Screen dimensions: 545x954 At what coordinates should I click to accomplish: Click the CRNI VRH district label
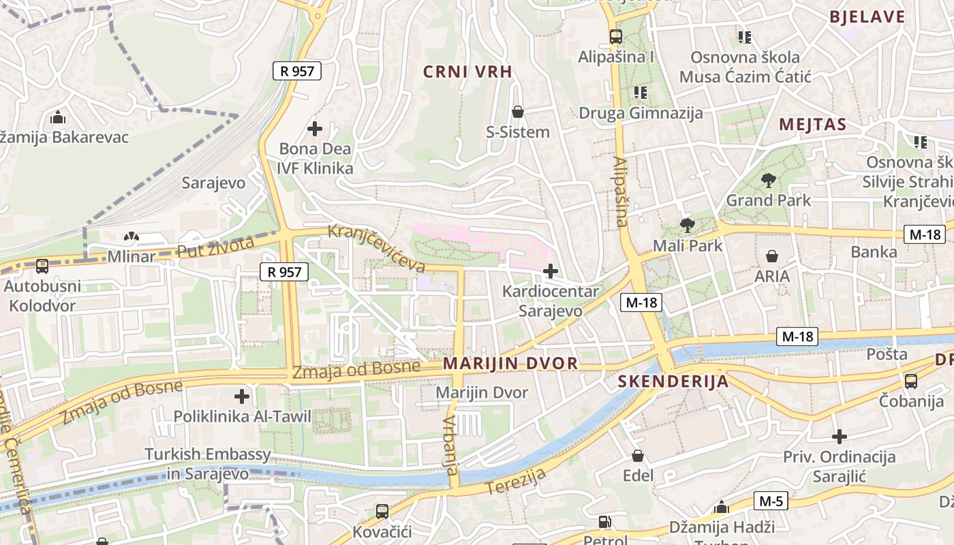(467, 72)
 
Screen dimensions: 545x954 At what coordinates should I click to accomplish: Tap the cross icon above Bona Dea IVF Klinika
(314, 128)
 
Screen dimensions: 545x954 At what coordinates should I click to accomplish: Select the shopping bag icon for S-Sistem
(517, 112)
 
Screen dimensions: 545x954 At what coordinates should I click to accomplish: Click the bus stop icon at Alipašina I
(615, 37)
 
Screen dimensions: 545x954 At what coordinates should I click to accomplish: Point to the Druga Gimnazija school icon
(640, 92)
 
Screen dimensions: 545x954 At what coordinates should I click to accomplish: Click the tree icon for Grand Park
(768, 181)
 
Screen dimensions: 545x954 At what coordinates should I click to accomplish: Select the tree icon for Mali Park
(687, 225)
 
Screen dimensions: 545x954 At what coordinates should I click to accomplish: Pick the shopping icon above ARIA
(771, 256)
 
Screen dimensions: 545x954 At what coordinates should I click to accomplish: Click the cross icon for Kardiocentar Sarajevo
(550, 271)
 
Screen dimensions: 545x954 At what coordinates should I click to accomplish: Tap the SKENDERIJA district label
(673, 381)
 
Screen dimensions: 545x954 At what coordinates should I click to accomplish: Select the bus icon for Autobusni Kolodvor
(42, 266)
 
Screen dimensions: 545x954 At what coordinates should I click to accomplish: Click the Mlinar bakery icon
(130, 237)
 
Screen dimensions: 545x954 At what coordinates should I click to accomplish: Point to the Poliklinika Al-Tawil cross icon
(241, 396)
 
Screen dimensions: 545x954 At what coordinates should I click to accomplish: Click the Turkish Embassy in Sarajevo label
(208, 463)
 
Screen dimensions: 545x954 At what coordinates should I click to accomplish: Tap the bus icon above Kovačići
(382, 511)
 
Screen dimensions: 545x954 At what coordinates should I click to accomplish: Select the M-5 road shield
(771, 501)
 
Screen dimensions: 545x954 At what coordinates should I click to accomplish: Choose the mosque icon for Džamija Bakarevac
(58, 117)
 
